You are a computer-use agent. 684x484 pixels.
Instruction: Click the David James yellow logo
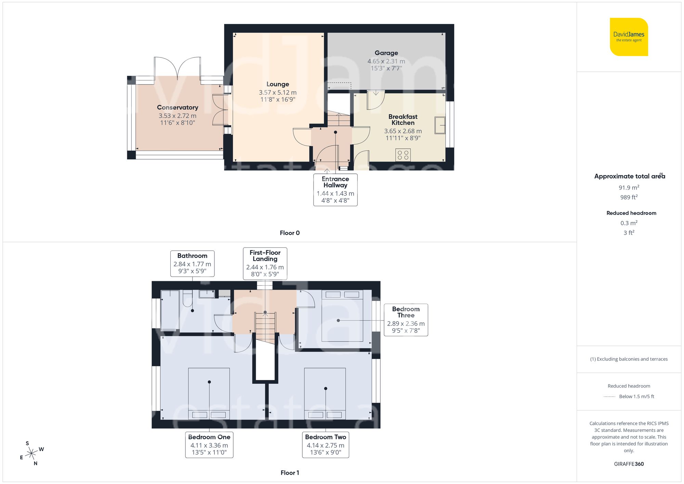pyautogui.click(x=629, y=37)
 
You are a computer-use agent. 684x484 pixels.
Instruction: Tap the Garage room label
pyautogui.click(x=386, y=53)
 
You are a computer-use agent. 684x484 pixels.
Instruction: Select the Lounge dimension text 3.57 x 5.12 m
pyautogui.click(x=277, y=92)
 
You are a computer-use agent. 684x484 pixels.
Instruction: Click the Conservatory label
pyautogui.click(x=177, y=107)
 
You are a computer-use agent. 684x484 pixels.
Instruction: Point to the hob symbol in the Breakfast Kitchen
pyautogui.click(x=403, y=155)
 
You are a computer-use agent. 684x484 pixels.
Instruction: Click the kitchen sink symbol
pyautogui.click(x=440, y=125)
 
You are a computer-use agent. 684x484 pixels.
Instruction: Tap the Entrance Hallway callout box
pyautogui.click(x=335, y=189)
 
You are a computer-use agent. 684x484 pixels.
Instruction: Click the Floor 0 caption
pyautogui.click(x=289, y=233)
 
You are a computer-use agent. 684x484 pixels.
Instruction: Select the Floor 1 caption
pyautogui.click(x=289, y=473)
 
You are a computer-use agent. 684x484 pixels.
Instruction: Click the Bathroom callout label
pyautogui.click(x=192, y=263)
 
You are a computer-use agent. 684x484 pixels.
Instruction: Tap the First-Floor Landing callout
pyautogui.click(x=265, y=263)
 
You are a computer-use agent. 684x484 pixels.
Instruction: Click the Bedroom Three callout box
pyautogui.click(x=406, y=319)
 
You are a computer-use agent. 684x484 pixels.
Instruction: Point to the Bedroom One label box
pyautogui.click(x=209, y=445)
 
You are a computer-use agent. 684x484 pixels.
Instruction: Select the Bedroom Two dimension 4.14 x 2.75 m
pyautogui.click(x=325, y=445)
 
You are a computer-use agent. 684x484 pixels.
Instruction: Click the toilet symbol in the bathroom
pyautogui.click(x=187, y=298)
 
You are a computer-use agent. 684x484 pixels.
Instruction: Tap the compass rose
pyautogui.click(x=31, y=454)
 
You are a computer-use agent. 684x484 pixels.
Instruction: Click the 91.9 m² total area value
pyautogui.click(x=629, y=187)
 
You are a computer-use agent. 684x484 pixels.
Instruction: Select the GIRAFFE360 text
pyautogui.click(x=629, y=464)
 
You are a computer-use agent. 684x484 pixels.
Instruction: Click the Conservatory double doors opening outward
pyautogui.click(x=177, y=68)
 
